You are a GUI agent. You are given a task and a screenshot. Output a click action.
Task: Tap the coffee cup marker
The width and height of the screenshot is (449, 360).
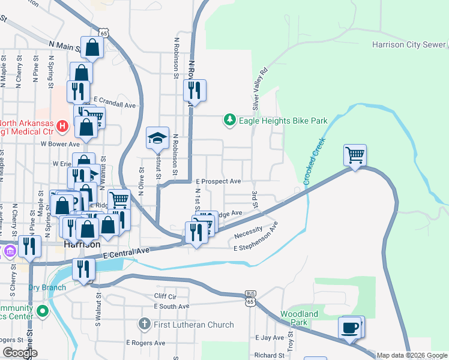coord(350,328)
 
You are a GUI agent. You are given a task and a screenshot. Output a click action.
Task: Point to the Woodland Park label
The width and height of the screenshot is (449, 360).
coord(300,318)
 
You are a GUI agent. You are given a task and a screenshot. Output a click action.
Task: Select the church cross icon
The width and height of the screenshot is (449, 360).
coord(144,325)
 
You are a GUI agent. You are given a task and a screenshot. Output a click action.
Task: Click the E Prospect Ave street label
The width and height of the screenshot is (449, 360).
coord(218,181)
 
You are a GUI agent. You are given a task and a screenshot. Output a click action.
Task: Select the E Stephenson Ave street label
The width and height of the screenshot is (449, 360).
coord(257,238)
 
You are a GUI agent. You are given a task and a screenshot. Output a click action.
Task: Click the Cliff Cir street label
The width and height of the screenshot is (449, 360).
coord(166,296)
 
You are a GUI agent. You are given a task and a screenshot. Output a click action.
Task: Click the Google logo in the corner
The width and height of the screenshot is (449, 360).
coord(20,353)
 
